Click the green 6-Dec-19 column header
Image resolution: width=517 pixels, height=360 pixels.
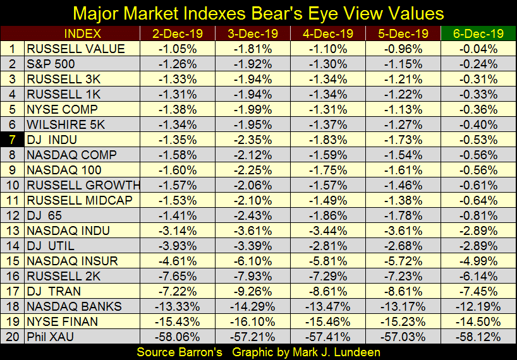478,33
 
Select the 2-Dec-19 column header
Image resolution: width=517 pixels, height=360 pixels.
178,33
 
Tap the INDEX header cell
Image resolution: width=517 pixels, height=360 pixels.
83,33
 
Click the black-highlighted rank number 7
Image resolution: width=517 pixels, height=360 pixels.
13,140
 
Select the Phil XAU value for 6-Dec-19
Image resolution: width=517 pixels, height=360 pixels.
478,338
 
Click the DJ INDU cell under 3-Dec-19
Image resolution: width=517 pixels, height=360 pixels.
252,140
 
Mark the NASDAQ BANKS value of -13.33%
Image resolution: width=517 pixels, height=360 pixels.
178,307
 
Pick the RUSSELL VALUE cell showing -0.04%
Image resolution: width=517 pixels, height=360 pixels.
478,49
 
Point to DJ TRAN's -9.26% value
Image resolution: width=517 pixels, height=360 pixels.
252,292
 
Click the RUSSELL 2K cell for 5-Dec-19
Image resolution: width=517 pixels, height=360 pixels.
403,277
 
